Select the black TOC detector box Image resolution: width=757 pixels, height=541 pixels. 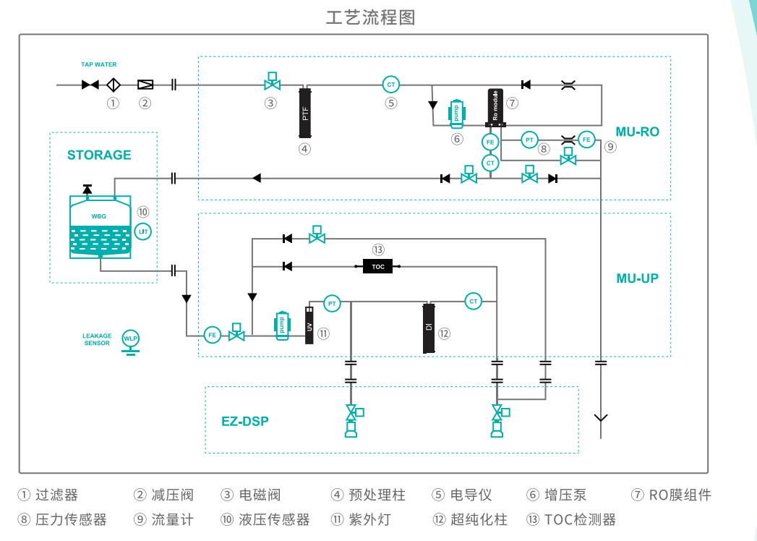pos(378,267)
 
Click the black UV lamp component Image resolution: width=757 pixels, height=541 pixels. pos(309,325)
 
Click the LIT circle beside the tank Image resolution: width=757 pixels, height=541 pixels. pos(143,231)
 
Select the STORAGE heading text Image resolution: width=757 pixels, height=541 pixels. pos(99,155)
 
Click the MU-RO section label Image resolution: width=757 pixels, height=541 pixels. pos(638,132)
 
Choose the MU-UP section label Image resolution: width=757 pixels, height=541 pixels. pos(637,278)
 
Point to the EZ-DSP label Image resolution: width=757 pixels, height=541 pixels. pos(245,421)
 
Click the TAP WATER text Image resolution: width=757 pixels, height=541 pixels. pos(98,65)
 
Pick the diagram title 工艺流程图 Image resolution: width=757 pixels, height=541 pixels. pos(371,17)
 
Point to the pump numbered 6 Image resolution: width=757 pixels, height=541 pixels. pos(456,114)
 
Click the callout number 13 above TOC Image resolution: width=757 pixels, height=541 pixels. pos(378,250)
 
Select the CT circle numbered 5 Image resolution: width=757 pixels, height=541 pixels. pos(391,85)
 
